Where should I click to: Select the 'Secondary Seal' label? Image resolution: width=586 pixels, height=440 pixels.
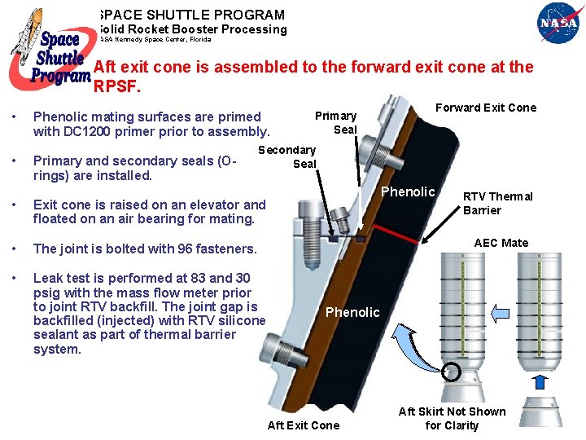(287, 156)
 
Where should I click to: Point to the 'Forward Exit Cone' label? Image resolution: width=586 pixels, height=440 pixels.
(486, 108)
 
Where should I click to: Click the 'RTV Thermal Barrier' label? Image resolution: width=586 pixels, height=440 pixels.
(497, 203)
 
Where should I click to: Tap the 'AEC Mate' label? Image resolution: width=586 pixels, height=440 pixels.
(501, 243)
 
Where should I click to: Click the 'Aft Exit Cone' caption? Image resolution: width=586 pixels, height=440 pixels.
(304, 425)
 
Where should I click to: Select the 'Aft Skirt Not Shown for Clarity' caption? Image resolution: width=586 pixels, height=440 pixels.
(452, 418)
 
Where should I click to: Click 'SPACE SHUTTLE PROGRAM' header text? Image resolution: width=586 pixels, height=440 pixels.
(191, 15)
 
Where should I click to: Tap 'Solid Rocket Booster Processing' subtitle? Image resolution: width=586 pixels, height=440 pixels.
(191, 29)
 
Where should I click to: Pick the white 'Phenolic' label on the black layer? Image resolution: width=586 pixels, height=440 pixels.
(408, 191)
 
